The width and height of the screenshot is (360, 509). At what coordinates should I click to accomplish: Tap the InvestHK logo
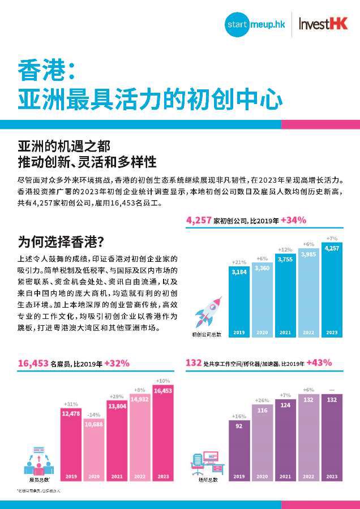(323, 25)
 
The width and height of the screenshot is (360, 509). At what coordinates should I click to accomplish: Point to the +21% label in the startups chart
(239, 262)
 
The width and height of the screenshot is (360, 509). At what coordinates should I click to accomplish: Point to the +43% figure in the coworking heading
(319, 363)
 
